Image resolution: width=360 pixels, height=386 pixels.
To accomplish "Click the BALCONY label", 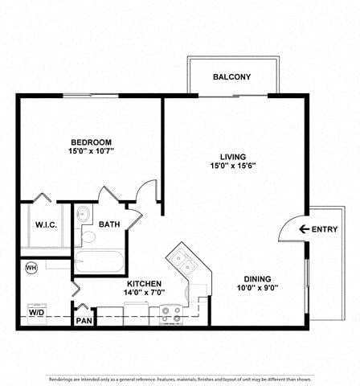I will coord(231,77).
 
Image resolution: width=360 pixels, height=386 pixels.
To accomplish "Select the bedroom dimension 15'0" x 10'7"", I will coord(92,150).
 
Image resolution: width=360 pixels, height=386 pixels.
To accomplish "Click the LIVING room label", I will coord(233,156).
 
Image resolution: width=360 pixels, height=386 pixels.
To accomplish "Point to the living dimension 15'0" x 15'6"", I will coord(233,166).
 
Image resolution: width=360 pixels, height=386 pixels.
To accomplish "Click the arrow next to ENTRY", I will coord(304,229).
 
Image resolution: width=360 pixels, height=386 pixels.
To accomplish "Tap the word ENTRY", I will coord(325,229).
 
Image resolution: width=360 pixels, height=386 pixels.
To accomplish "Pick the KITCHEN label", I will coord(145,284).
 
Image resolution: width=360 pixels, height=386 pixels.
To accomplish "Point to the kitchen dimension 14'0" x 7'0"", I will coord(145,294).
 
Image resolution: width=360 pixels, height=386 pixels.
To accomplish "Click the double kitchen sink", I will coord(184,263).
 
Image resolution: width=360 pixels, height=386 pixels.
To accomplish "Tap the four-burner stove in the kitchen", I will coord(170,313).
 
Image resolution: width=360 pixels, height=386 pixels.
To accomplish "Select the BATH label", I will coord(109,225).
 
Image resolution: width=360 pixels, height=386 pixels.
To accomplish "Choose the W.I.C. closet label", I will coord(45,225).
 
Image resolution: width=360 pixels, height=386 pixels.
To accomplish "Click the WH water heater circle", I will coord(31,268).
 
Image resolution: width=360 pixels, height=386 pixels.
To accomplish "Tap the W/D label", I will coord(36,310).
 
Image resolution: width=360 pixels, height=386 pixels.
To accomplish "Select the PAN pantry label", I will coord(84,321).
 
